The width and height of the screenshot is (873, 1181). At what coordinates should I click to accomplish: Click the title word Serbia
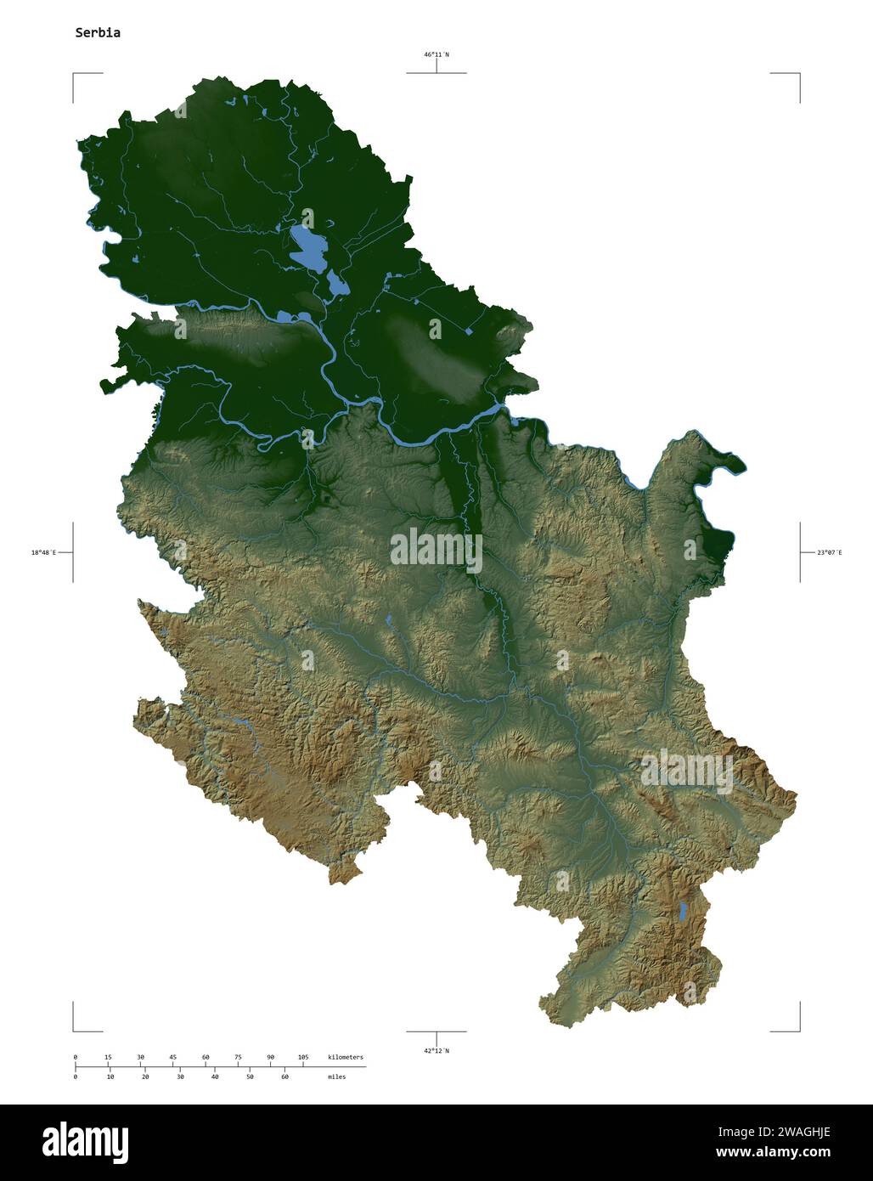coord(98,33)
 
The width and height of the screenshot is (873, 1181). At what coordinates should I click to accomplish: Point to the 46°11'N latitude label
coord(436,54)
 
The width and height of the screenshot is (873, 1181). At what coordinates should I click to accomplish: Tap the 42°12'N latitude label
coord(436,1051)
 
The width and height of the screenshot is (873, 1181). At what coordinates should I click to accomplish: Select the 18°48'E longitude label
coord(43,552)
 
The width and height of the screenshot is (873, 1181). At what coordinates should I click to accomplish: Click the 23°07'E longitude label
coord(830,552)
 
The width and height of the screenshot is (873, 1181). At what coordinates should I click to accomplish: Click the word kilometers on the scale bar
coord(346,1057)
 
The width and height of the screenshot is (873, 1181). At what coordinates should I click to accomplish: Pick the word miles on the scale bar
coord(336,1076)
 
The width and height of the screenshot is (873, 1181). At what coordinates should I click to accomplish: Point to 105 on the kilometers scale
coord(303,1057)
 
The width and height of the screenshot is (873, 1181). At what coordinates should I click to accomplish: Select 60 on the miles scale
coord(284,1076)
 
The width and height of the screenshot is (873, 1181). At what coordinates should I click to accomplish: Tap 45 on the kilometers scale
coord(172,1057)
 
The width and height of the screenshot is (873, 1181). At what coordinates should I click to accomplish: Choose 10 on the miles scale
coord(110,1076)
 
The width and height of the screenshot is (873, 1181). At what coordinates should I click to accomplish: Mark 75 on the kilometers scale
coord(238,1057)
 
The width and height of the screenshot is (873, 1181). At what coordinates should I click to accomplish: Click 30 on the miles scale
coord(180,1076)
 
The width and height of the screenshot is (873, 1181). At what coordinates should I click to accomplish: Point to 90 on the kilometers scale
coord(270,1057)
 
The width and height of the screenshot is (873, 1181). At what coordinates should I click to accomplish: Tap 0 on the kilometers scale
coord(76,1057)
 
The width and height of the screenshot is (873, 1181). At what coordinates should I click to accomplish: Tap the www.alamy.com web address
coord(773,1153)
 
